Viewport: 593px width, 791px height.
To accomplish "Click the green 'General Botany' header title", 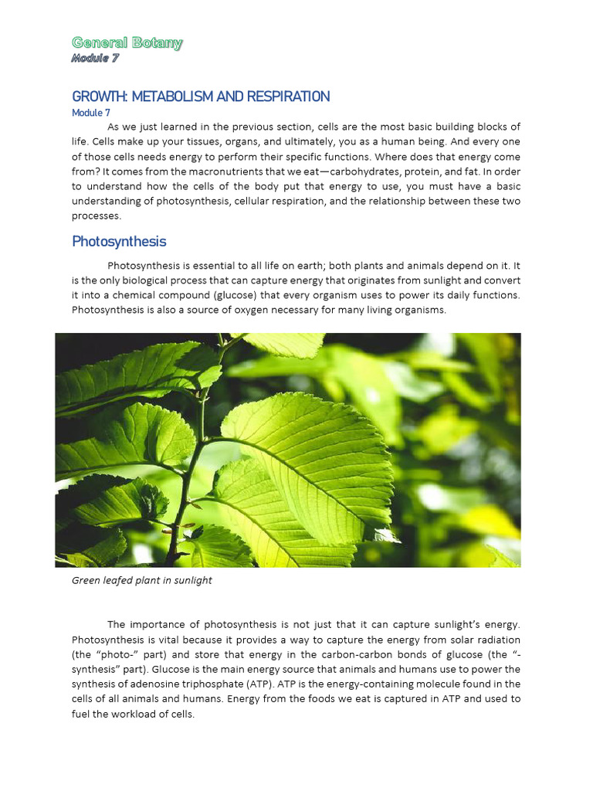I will coord(127,42).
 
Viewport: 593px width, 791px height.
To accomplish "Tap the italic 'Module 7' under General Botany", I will coord(94,58).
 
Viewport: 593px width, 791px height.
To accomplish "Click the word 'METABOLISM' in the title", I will coord(165,97).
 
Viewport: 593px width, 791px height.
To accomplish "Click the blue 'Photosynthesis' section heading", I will coord(119,242).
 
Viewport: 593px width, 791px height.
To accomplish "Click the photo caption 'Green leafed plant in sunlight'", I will coord(142,580).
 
